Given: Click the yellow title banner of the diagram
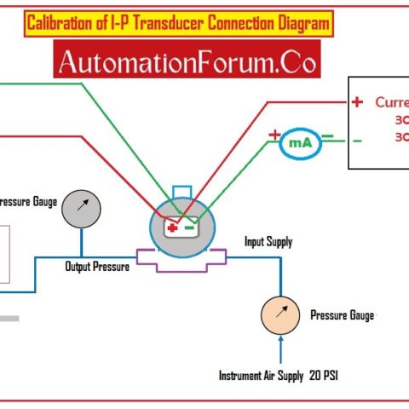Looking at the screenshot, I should coord(177,24).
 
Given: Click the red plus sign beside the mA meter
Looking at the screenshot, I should coord(274,135).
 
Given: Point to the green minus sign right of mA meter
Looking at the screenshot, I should coord(327,135).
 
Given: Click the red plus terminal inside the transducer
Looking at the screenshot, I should coord(173,228).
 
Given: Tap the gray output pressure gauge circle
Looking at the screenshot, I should coord(82,207).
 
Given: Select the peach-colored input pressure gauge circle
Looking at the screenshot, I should coord(280,316).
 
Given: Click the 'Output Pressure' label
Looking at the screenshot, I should coord(97,267).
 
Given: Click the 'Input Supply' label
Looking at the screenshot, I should coord(268,242).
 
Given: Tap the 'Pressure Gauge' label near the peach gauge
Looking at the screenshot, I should coord(342,315).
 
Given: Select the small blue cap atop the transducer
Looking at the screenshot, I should coord(181,190).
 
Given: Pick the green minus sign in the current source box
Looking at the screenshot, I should coord(357,141).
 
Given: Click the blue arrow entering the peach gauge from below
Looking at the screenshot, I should coord(280,349).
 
